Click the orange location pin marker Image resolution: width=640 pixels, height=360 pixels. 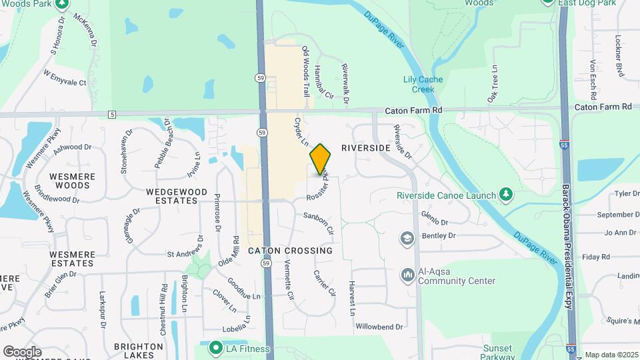[x=321, y=159]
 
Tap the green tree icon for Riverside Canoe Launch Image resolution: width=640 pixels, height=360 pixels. [x=507, y=194]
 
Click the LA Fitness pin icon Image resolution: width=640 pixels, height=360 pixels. [x=215, y=348]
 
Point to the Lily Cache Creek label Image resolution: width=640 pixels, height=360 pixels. [x=423, y=85]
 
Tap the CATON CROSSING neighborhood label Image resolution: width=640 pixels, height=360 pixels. [x=290, y=251]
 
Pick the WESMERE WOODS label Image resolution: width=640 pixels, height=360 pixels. [x=73, y=181]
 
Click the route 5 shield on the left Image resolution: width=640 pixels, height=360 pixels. [x=111, y=115]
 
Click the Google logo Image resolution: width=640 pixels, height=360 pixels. [x=22, y=351]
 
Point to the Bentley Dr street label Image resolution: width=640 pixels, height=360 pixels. [x=439, y=236]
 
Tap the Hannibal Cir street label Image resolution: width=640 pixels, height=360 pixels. [x=323, y=82]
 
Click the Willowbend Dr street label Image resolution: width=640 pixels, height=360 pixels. [x=379, y=327]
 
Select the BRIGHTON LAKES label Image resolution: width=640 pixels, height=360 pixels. [x=139, y=351]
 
